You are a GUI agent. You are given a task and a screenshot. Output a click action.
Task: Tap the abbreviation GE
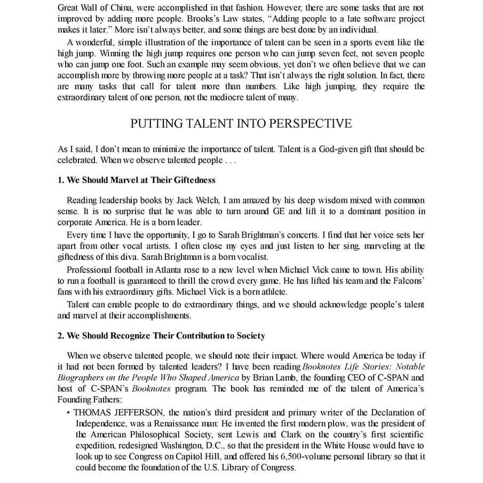click(295, 211)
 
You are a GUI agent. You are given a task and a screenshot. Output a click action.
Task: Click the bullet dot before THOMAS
click(69, 413)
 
